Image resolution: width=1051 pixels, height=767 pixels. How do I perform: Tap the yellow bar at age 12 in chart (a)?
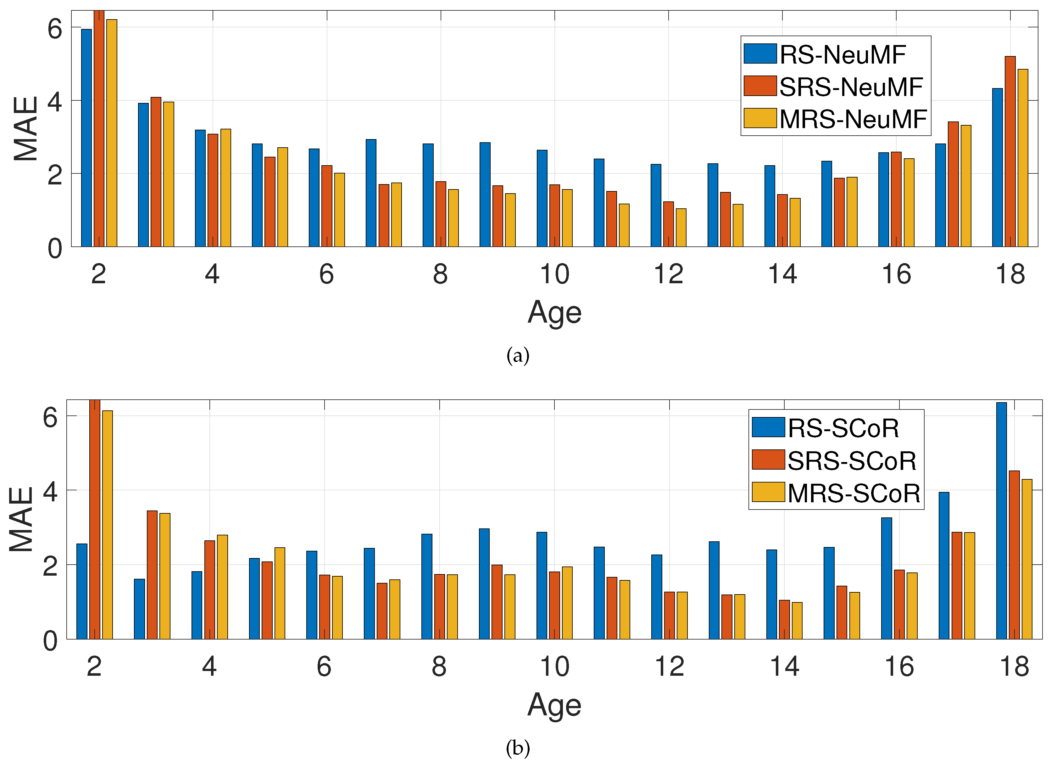(681, 228)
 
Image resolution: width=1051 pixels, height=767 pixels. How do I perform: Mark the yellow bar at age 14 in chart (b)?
(797, 620)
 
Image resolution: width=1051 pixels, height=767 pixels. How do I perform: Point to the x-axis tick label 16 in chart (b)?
(899, 667)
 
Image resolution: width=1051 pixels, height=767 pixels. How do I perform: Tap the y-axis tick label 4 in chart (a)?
(55, 102)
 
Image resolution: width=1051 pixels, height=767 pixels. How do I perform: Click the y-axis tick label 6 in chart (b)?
(50, 417)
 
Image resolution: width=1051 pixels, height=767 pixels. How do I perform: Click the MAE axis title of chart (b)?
(21, 519)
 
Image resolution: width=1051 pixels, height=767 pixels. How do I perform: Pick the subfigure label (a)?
(518, 356)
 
